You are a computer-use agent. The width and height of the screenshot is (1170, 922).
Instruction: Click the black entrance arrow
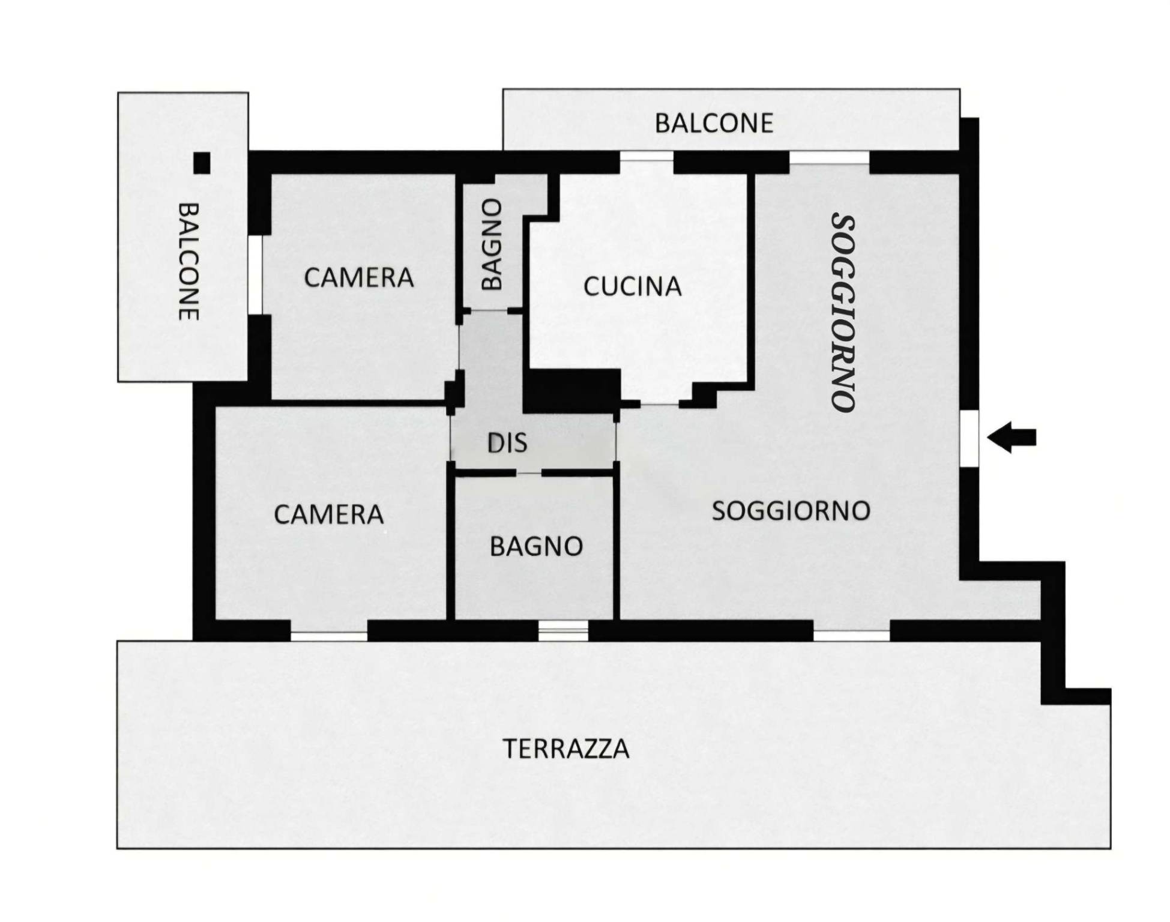(1012, 437)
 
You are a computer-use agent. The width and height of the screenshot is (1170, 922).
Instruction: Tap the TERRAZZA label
(565, 749)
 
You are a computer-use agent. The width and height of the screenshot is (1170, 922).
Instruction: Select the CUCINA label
(633, 286)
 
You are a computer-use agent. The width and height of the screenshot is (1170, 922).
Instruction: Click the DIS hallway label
(507, 443)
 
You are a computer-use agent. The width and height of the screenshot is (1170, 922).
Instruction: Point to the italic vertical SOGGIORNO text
(843, 313)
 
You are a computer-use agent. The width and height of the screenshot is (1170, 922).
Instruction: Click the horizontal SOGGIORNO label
(791, 511)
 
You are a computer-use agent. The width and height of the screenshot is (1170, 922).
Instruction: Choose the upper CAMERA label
(359, 277)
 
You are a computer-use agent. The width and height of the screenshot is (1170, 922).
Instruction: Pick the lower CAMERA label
(329, 514)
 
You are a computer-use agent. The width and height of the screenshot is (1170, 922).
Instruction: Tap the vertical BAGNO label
(492, 244)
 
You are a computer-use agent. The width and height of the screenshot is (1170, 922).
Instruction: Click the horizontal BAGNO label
(537, 546)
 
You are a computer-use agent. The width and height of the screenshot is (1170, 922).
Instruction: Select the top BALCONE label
(714, 123)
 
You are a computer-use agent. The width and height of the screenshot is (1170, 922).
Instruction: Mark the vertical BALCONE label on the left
(188, 261)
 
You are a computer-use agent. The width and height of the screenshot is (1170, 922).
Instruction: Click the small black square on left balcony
(202, 163)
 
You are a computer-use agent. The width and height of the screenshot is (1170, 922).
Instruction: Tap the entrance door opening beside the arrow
(969, 439)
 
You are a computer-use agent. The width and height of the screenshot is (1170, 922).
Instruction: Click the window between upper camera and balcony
(255, 274)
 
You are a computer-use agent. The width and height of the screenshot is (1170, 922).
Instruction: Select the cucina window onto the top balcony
(647, 157)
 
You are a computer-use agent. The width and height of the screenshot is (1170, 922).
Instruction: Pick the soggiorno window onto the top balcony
(829, 157)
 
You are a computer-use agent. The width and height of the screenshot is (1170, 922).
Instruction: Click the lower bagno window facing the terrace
(563, 630)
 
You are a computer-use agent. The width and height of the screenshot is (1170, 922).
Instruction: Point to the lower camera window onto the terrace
(329, 635)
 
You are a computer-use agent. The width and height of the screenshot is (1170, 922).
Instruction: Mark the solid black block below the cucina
(571, 391)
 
